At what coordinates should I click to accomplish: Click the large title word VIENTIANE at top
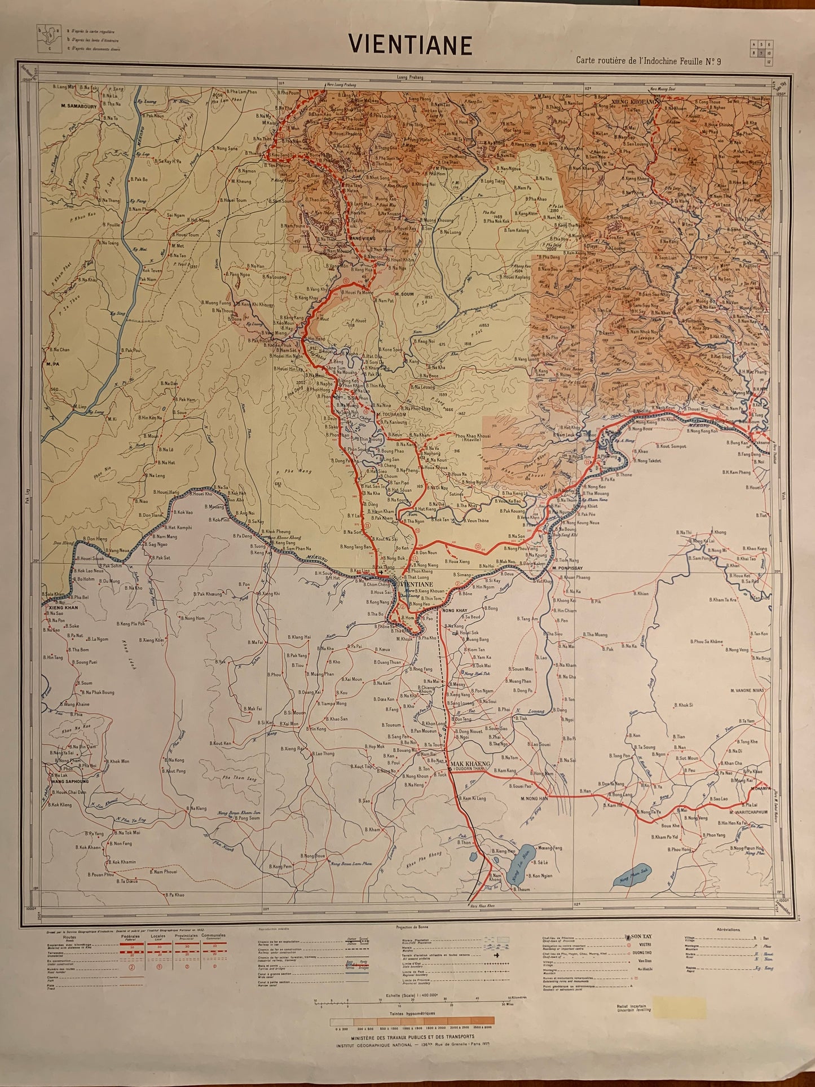410,45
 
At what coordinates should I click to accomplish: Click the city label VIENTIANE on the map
416,584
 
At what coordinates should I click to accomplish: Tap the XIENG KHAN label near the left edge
63,608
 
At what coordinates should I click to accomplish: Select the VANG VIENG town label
363,239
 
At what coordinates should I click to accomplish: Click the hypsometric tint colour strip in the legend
412,1020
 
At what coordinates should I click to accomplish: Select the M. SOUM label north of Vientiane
404,293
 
